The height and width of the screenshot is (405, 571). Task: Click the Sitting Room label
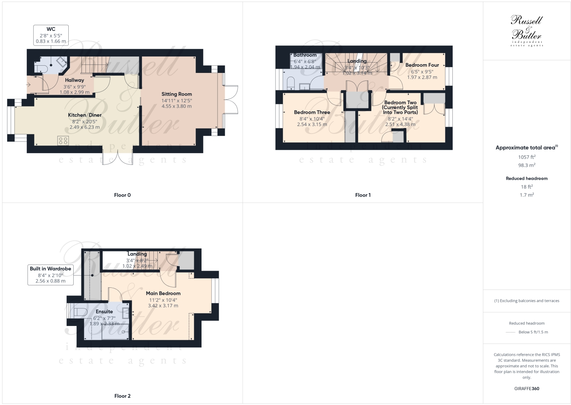coord(176,94)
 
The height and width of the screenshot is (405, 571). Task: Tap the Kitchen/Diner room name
coord(85,115)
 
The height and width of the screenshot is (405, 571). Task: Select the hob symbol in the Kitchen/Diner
coord(63,140)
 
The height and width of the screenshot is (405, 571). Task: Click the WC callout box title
coord(51,29)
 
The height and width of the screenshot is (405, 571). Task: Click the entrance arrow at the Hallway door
coord(29,84)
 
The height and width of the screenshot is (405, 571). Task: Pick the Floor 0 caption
coord(122,195)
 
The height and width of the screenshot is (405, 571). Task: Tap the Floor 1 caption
coord(363,195)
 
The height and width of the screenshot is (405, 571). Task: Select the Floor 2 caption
coord(122,396)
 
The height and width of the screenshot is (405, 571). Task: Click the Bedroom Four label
coord(422,65)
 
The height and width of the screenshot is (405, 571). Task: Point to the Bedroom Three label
coord(312,113)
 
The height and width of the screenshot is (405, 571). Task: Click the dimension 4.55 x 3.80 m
coord(176,106)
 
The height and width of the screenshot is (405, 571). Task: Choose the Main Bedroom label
coord(163,294)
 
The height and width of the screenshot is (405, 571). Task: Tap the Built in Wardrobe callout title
coord(50,269)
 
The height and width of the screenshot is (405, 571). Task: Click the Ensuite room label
coord(104,312)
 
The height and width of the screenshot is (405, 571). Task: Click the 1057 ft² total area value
coord(526,157)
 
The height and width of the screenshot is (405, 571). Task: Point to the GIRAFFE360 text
coord(526,389)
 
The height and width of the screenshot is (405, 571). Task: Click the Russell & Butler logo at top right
coord(527,31)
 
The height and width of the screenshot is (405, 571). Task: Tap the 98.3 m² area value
coord(526,165)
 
